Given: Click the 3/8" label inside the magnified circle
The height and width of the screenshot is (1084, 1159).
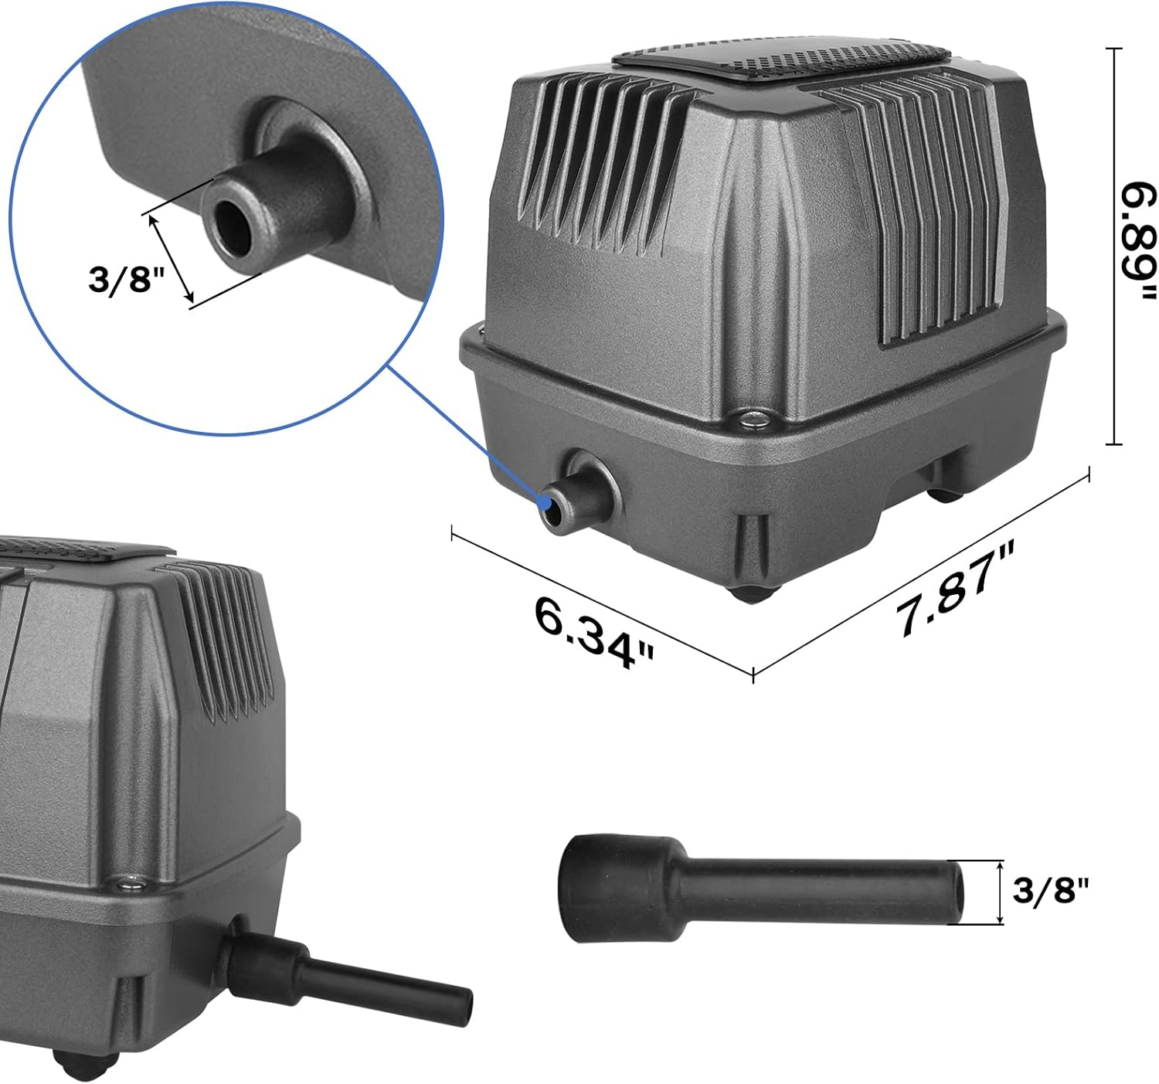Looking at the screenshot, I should (x=127, y=278).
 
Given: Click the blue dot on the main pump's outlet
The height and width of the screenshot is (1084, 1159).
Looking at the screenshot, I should (x=548, y=502).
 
